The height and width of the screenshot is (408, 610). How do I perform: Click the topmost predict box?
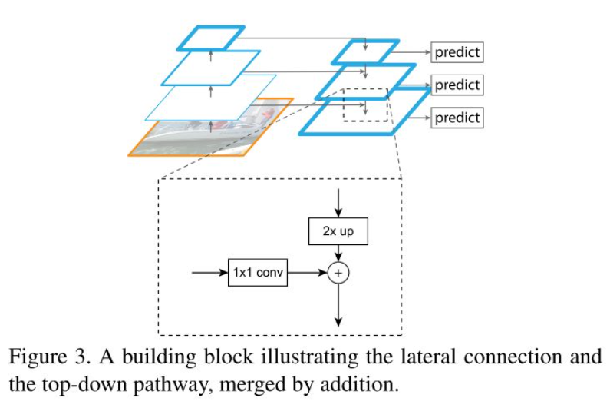(457, 52)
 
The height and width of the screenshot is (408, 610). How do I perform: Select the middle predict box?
(457, 85)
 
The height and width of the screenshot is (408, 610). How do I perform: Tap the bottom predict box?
(457, 118)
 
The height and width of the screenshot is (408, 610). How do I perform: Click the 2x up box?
(338, 231)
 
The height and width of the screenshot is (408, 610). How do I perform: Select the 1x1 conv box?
(258, 273)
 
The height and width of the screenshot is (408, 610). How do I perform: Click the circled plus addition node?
(338, 273)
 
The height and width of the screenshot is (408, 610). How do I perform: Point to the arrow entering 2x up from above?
(338, 203)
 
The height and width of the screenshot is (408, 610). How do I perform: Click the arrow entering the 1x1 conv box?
(209, 273)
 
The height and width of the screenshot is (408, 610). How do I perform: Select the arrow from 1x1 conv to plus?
(308, 273)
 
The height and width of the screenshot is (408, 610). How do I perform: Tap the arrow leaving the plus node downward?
(338, 305)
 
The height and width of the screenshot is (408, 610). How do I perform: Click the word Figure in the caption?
(38, 357)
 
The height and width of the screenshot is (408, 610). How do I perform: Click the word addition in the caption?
(359, 385)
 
